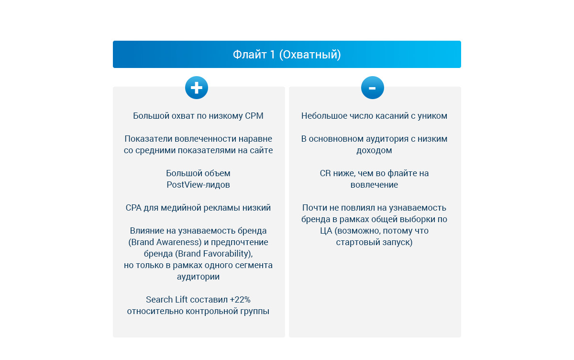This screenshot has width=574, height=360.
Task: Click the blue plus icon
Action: pos(197,88)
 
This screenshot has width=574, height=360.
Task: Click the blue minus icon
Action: pos(373,88)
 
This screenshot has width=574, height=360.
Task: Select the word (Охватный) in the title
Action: pos(309,55)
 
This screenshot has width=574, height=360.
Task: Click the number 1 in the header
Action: pos(272,55)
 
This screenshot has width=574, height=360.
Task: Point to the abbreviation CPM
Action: pos(254,116)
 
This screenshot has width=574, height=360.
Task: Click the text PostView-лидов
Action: pos(198,185)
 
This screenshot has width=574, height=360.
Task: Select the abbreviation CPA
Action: pos(134,208)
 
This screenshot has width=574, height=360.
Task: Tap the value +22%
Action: pos(240,300)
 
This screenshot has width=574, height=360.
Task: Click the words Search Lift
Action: pos(167,300)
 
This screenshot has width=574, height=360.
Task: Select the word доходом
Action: pos(374,150)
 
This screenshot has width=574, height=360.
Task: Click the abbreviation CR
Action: pos(325,173)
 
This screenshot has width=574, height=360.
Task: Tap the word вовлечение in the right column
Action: pos(374,185)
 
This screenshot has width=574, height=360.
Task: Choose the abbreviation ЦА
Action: pos(326,231)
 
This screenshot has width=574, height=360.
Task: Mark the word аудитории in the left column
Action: pos(198,277)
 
